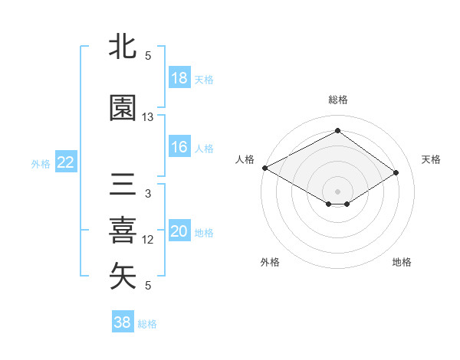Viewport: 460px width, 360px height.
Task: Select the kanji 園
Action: pos(123,109)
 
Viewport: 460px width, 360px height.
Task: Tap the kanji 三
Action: pos(123,186)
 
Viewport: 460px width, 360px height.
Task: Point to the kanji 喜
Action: pos(123,231)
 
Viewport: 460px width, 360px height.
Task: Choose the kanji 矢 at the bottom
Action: pos(123,277)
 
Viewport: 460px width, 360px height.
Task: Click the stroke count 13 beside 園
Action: pos(148,117)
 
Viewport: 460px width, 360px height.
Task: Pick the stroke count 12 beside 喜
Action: pos(148,240)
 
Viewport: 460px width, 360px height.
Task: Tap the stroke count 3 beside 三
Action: pos(148,194)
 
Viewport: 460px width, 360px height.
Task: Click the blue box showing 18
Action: pos(179,78)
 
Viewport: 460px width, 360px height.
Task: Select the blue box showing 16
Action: pos(179,147)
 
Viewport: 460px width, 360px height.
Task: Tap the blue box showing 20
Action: pos(179,231)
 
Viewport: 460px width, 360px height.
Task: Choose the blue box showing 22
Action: pos(66,162)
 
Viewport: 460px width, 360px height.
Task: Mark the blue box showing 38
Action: pos(123,322)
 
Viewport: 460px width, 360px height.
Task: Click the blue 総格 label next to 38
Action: pos(147,324)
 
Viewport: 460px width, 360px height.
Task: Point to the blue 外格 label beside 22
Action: pos(41,163)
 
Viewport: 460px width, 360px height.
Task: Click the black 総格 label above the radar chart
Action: pos(337,100)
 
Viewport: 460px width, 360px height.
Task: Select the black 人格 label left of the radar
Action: pos(245,159)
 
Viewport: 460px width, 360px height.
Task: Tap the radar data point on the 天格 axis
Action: pos(396,173)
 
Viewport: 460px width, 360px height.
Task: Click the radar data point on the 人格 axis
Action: pos(264,167)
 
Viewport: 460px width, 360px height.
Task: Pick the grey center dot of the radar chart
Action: pos(337,190)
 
